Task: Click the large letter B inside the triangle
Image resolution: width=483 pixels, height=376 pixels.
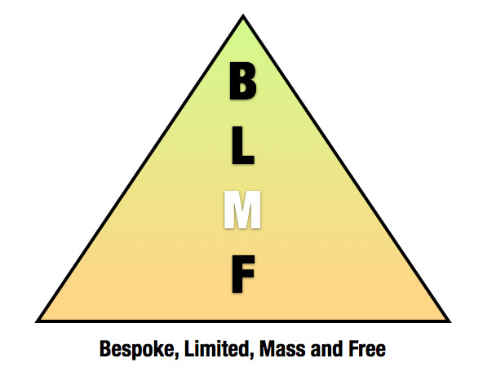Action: (243, 81)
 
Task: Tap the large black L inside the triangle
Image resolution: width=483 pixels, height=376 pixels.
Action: (243, 145)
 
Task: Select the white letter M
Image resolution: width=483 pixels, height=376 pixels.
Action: (242, 210)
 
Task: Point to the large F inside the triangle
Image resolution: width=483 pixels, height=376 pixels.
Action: (243, 274)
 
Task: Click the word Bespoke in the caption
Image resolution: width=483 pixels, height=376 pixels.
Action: (138, 349)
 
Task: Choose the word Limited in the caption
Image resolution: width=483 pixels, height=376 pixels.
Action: (218, 349)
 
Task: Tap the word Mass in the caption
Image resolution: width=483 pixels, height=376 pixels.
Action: (283, 349)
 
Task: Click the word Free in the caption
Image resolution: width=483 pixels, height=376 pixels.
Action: (367, 349)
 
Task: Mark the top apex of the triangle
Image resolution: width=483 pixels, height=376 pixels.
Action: (243, 15)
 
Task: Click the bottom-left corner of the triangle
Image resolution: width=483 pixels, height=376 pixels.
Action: (36, 322)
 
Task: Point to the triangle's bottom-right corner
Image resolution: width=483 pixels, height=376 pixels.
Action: (450, 322)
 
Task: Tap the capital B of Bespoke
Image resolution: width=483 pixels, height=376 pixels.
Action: (106, 348)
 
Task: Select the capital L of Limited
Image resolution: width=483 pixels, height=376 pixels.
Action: (190, 348)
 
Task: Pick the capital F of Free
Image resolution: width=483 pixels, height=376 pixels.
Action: (353, 348)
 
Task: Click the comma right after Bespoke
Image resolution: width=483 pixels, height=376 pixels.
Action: (177, 356)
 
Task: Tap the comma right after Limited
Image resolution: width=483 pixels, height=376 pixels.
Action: (252, 356)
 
